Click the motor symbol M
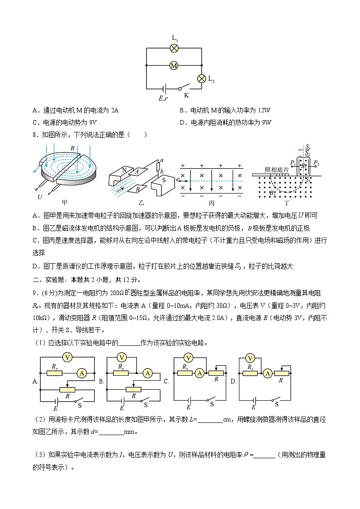point(174,66)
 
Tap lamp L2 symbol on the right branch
point(202,78)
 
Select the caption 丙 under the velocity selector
point(211,203)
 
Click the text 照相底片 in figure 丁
point(274,170)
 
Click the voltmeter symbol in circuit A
point(68,357)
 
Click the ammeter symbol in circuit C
point(199,373)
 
